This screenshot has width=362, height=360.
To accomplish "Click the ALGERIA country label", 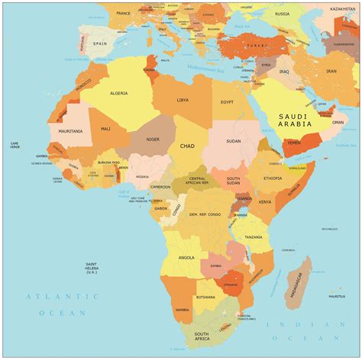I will point(119,93).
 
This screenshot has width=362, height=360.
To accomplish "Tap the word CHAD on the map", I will point(187,146).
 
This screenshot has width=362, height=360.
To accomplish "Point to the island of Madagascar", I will point(297,278).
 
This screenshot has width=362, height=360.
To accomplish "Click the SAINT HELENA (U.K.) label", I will point(95,267).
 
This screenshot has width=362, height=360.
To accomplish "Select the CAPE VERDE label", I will point(15,145).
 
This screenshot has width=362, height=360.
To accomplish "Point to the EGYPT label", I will point(228,101).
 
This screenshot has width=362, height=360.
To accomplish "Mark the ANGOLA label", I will point(186,257).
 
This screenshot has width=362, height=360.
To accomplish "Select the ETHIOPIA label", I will point(273,178).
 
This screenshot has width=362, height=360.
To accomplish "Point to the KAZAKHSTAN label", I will point(344,8).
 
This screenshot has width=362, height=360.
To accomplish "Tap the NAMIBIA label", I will point(182,310).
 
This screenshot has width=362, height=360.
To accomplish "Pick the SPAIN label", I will point(101,44).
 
